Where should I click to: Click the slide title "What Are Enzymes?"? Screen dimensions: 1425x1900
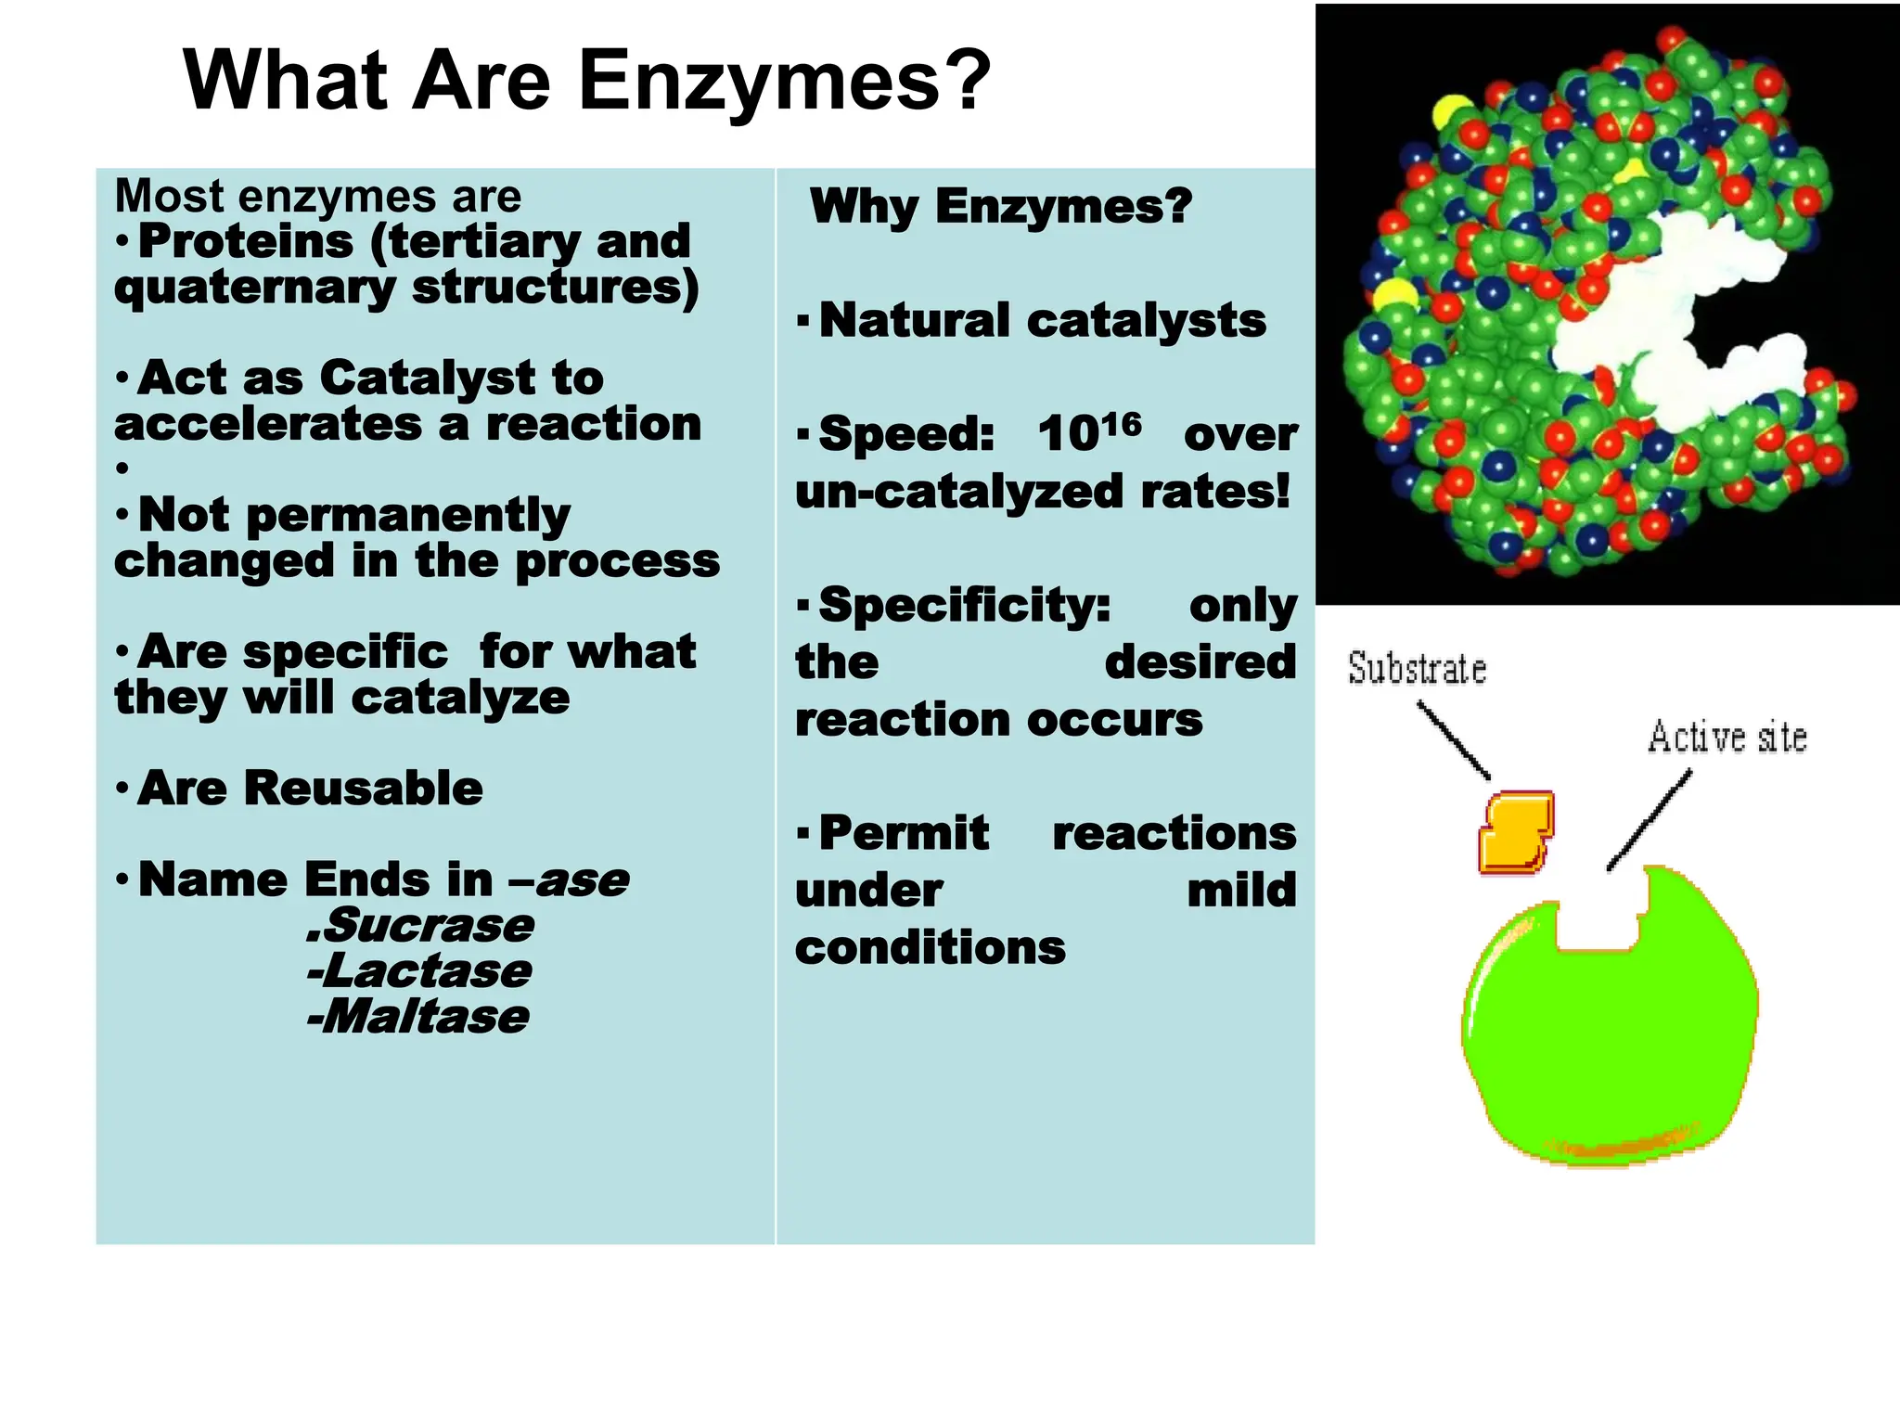click(x=586, y=81)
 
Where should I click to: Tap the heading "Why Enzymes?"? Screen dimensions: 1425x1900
click(x=1000, y=205)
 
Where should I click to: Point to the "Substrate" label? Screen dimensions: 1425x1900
click(x=1417, y=669)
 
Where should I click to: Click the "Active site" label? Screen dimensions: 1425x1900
click(x=1727, y=738)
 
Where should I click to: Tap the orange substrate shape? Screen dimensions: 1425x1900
click(x=1516, y=832)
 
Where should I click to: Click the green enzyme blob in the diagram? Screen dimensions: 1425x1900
click(x=1610, y=1039)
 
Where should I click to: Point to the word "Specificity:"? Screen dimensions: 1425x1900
click(x=965, y=605)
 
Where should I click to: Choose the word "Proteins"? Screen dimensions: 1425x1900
click(x=246, y=241)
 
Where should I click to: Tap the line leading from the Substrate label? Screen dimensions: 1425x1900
click(x=1454, y=740)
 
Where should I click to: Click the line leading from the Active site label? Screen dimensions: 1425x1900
click(x=1649, y=821)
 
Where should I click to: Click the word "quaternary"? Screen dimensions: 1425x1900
click(x=254, y=288)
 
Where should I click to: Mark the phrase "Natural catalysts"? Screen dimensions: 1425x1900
click(x=1043, y=321)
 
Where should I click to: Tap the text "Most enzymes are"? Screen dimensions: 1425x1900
click(x=317, y=196)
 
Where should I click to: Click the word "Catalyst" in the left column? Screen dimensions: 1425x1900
click(x=428, y=379)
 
